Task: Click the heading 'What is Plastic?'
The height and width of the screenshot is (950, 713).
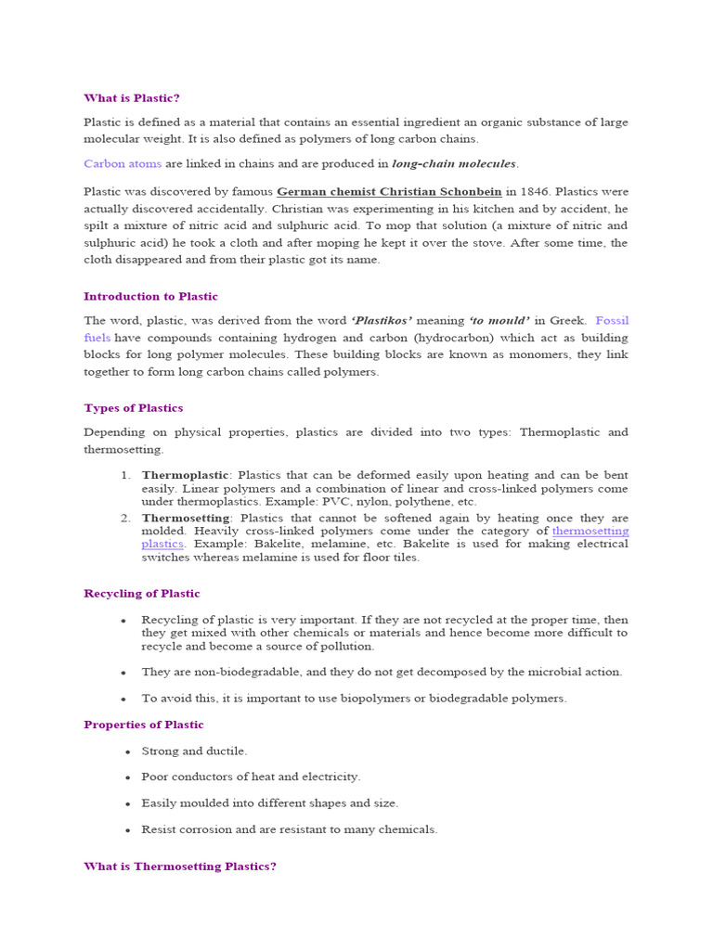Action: pyautogui.click(x=131, y=97)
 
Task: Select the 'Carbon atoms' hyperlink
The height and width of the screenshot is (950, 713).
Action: pyautogui.click(x=123, y=163)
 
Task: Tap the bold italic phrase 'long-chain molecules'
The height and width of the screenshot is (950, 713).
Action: pyautogui.click(x=454, y=163)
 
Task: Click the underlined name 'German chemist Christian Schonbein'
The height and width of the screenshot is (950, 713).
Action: pyautogui.click(x=389, y=192)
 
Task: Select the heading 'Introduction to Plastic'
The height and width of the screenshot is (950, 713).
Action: pyautogui.click(x=150, y=297)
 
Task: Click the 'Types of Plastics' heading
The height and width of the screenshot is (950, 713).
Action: pyautogui.click(x=133, y=408)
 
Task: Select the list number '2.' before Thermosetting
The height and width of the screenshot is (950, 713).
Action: pyautogui.click(x=126, y=518)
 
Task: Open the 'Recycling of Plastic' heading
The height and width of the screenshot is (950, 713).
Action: pyautogui.click(x=141, y=594)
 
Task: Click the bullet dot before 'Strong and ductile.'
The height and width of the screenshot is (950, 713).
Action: pyautogui.click(x=123, y=751)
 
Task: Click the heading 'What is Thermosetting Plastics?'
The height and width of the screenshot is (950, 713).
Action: pyautogui.click(x=180, y=867)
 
